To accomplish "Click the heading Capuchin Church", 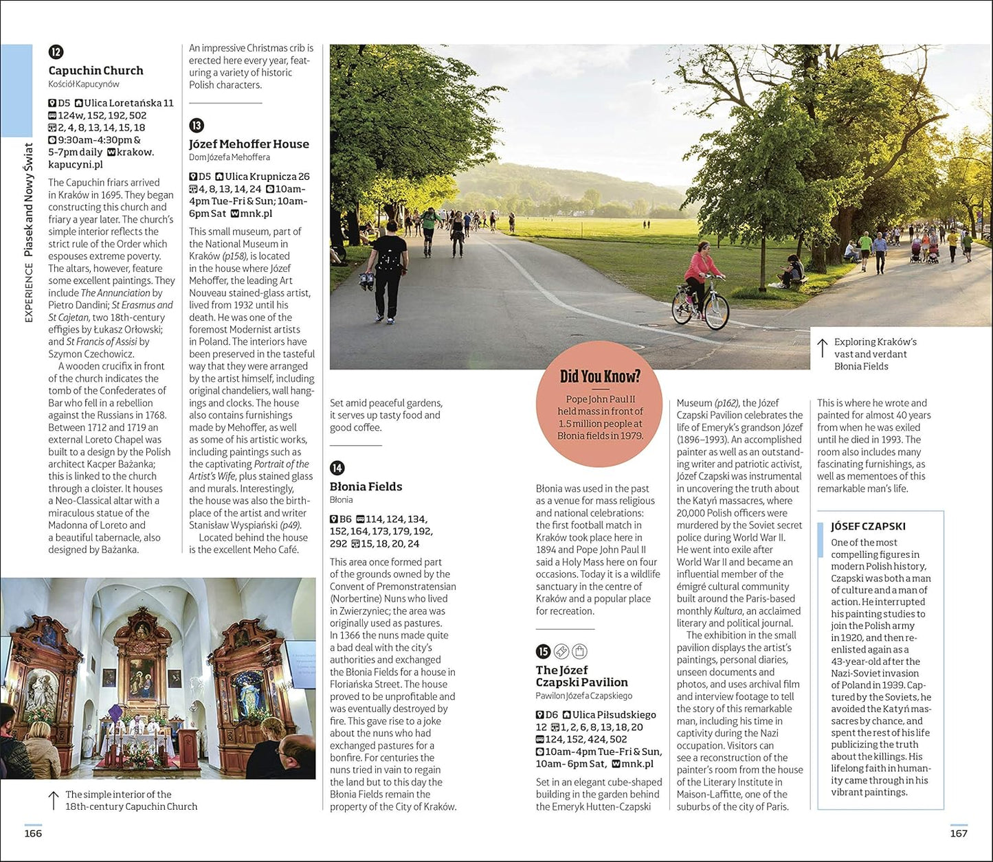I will (96, 71).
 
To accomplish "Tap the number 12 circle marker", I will (56, 52).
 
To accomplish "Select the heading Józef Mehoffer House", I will (249, 144).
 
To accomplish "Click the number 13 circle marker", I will (197, 126).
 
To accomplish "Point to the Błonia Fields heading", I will (366, 486).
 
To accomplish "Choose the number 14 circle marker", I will (337, 468).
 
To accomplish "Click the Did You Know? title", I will (600, 376).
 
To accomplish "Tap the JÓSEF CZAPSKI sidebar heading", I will (868, 526).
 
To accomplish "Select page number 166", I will (33, 833).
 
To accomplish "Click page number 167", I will (958, 833).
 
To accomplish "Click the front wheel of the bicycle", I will (717, 312).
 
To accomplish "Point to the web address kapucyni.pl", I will (76, 164).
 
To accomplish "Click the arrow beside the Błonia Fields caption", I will (822, 348).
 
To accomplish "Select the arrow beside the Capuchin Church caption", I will (54, 800).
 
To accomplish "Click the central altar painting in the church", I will (142, 677).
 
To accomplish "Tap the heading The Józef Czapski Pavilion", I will (581, 676).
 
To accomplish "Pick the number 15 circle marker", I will (543, 652).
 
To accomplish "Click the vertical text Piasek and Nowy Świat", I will (29, 200).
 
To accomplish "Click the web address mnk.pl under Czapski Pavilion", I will (637, 764).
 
